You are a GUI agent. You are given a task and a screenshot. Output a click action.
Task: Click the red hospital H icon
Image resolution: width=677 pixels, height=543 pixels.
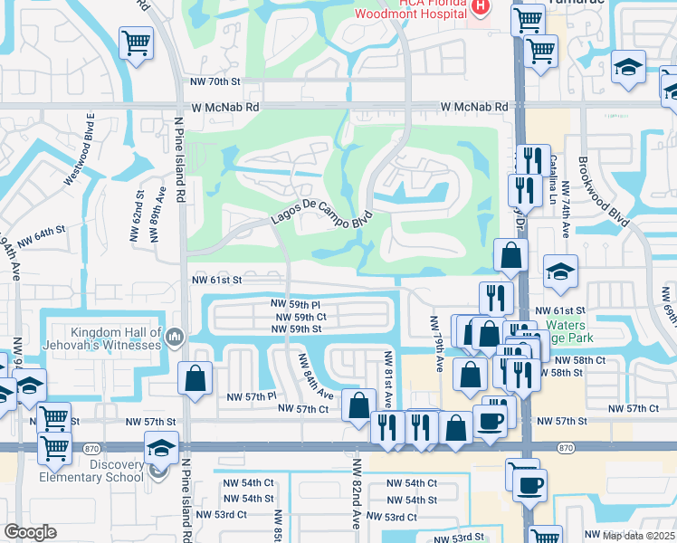pos(481,7)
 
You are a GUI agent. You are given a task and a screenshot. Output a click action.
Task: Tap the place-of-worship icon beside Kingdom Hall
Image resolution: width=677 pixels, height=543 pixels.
pos(176,338)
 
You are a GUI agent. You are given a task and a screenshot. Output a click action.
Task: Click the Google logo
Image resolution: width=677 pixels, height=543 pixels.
pos(30,532)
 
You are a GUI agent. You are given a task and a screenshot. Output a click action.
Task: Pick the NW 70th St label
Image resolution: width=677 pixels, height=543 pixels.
pos(214,81)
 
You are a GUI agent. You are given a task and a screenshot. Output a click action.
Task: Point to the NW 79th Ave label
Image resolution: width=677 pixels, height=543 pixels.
pos(436,341)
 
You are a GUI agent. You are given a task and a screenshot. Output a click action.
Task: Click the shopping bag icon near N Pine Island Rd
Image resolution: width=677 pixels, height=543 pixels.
pos(195,378)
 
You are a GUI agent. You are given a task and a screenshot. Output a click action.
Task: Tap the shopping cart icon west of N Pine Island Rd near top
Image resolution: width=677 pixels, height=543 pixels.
pos(136,41)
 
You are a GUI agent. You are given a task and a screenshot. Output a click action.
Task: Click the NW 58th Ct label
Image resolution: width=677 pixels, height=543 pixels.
pos(583,360)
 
